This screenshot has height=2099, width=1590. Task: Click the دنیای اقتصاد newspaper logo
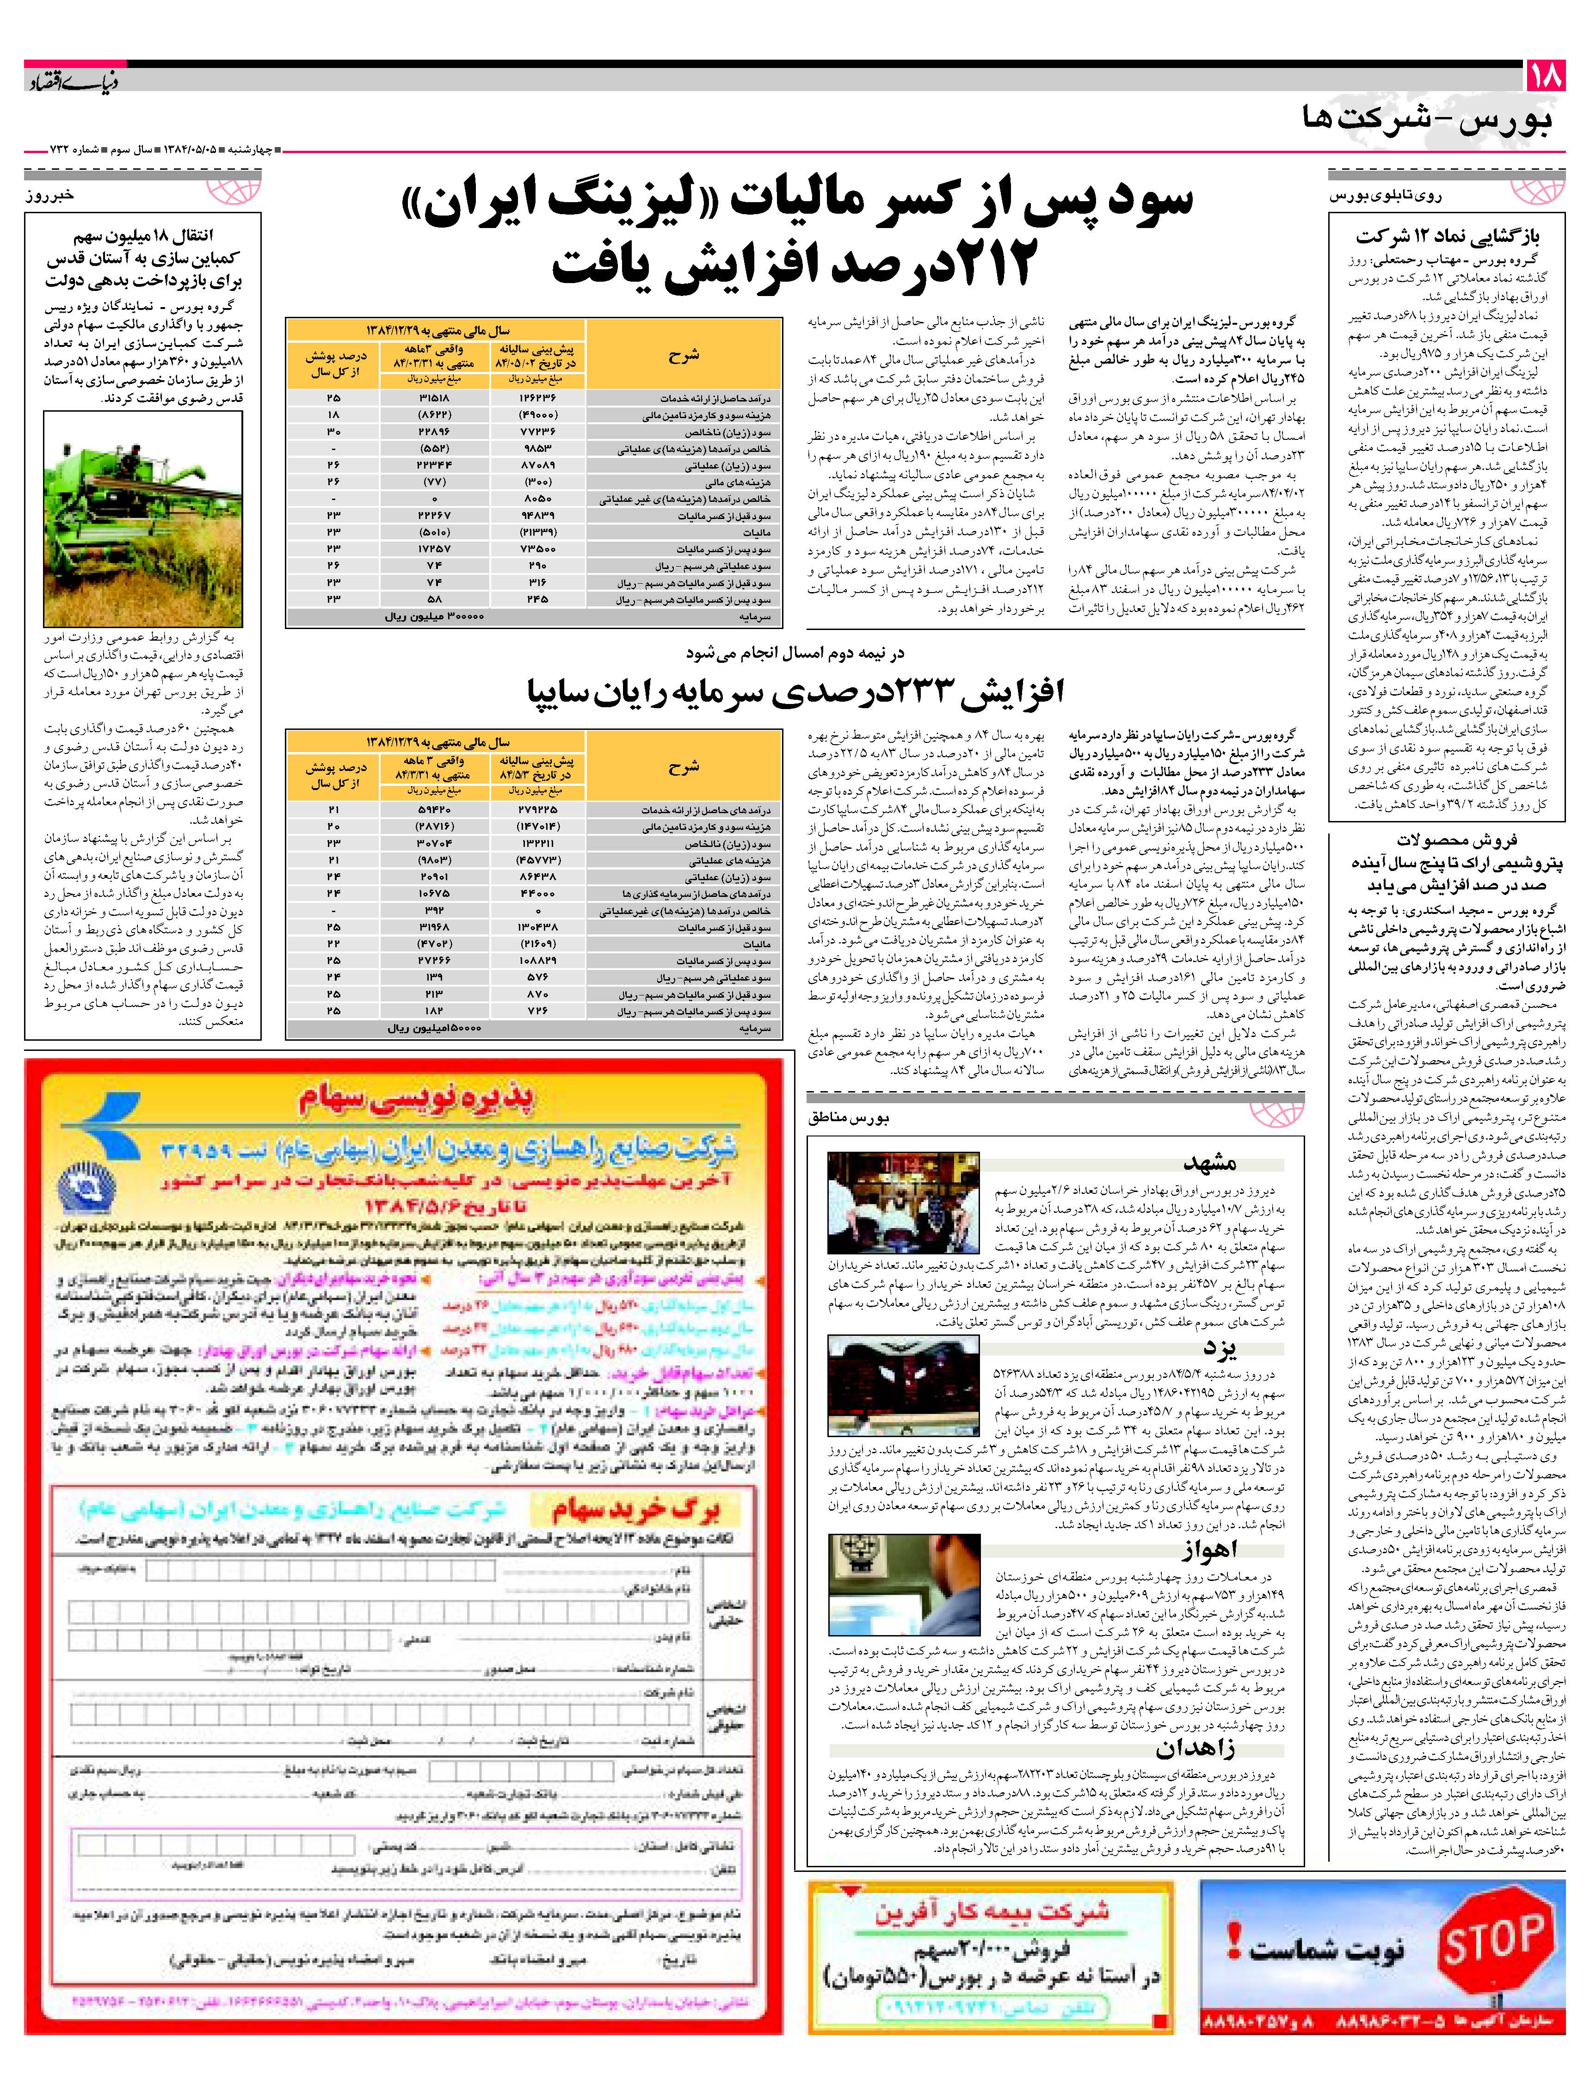[x=71, y=80]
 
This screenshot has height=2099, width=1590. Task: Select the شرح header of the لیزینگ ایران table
[x=683, y=356]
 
